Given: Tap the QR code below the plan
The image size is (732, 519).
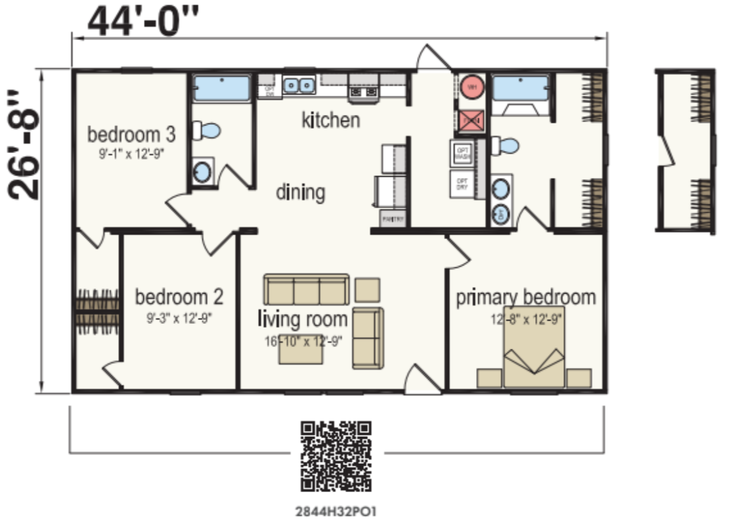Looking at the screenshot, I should (336, 456).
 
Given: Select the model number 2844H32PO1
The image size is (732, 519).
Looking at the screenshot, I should (336, 509).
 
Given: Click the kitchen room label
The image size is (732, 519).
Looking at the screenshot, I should (331, 120).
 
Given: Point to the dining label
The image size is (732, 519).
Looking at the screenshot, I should (300, 192).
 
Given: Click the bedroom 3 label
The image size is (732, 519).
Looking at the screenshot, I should (131, 135).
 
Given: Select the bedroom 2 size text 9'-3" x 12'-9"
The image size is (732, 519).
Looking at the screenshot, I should (179, 318).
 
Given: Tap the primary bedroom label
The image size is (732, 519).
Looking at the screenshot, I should (526, 297).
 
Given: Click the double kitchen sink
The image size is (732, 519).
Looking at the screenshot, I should (299, 85).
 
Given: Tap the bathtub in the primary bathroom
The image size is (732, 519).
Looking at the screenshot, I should (520, 87).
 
